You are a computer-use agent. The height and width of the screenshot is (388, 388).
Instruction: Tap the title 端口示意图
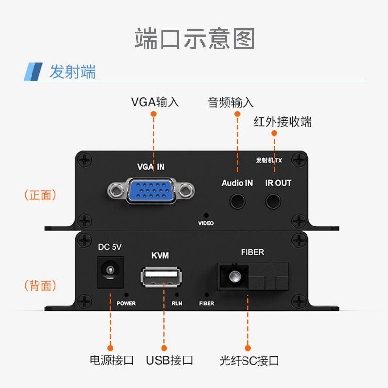pos(194,38)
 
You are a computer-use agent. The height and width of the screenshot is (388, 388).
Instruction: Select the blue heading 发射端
pos(73,72)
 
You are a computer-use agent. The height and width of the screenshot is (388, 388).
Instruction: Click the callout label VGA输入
pos(155,102)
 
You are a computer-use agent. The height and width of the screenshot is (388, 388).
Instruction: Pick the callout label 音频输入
pos(231,102)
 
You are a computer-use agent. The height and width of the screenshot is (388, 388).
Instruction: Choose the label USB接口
pos(170,360)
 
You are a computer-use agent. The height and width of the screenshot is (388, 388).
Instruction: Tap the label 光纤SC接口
pos(249,360)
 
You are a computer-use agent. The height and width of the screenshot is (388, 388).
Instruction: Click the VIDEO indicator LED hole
pos(206,215)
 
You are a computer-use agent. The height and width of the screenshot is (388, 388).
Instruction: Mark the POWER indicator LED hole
pos(126,294)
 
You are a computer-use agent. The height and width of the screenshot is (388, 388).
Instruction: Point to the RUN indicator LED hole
pos(177,294)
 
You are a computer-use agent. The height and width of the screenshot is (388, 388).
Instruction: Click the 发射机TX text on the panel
pos(269,160)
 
